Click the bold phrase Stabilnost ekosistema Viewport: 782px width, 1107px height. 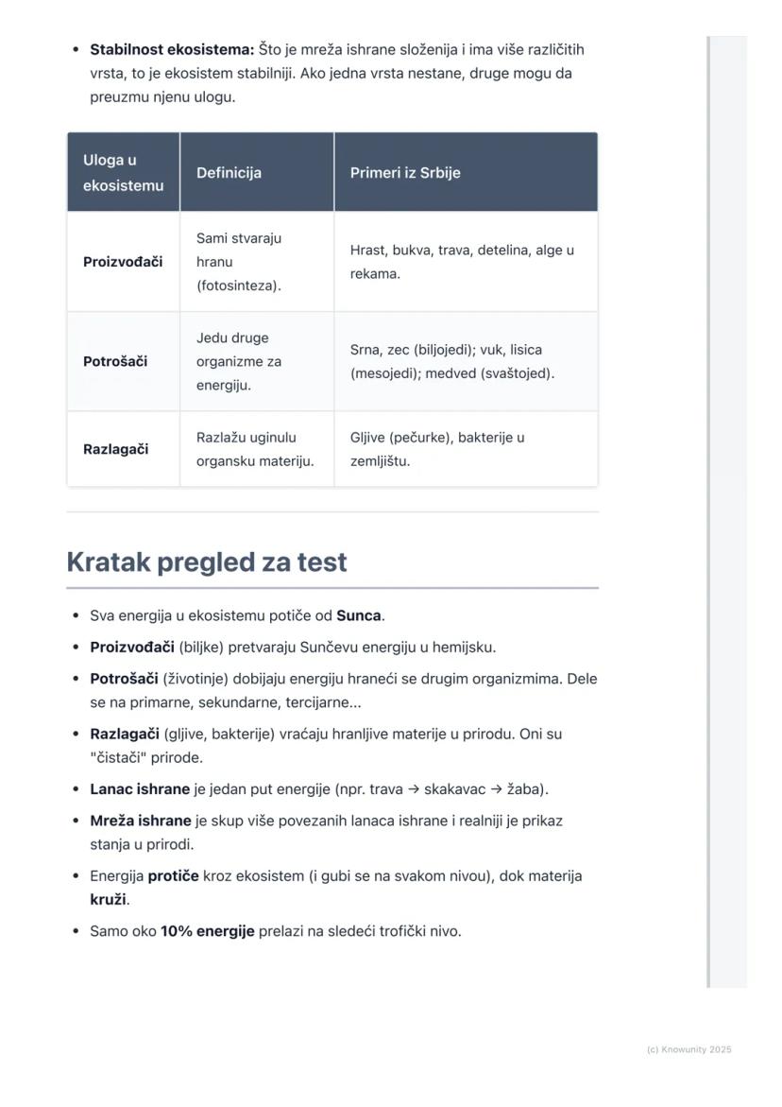(x=172, y=49)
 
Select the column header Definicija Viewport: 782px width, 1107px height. (x=229, y=173)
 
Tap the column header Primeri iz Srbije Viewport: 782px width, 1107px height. (x=405, y=173)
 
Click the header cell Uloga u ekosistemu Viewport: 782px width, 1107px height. (x=123, y=173)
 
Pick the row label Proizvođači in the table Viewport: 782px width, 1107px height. (x=123, y=262)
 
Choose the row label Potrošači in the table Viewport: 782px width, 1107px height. (x=115, y=361)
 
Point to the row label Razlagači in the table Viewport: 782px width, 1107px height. (x=115, y=449)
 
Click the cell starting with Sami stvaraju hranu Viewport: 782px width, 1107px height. (x=239, y=262)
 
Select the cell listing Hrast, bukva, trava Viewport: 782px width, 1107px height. (x=462, y=262)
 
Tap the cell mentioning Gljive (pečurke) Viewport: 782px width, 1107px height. (x=437, y=449)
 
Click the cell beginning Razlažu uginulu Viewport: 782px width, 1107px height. (x=255, y=449)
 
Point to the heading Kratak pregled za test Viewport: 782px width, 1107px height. (x=207, y=562)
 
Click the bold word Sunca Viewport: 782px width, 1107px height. (x=359, y=615)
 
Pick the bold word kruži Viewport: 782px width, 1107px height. (x=108, y=899)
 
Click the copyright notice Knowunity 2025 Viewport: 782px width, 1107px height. (x=689, y=1049)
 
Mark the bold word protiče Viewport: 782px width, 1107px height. (x=173, y=875)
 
